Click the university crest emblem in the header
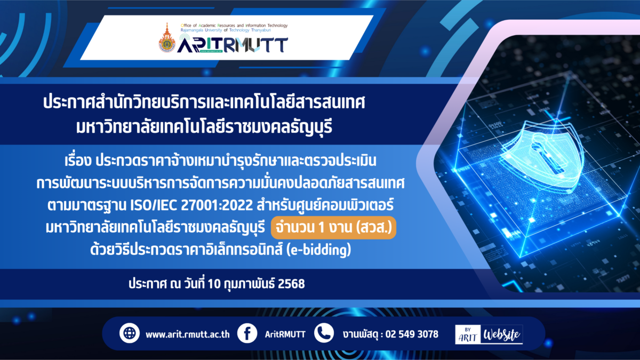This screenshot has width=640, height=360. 167,38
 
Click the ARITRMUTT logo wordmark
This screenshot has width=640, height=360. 233,44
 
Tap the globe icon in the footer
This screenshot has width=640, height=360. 130,333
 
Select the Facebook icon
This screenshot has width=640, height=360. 247,333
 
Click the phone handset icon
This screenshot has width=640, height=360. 324,333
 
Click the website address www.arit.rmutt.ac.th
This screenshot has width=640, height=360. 187,334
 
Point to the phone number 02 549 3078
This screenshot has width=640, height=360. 412,334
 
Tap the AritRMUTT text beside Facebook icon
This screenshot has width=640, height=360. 285,334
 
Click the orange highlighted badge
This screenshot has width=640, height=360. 333,228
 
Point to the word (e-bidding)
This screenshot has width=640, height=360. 318,250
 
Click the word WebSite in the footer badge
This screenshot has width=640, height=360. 502,334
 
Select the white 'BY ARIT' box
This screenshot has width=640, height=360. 468,334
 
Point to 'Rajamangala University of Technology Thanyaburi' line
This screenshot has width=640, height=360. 226,30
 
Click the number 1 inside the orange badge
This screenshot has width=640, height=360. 321,228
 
